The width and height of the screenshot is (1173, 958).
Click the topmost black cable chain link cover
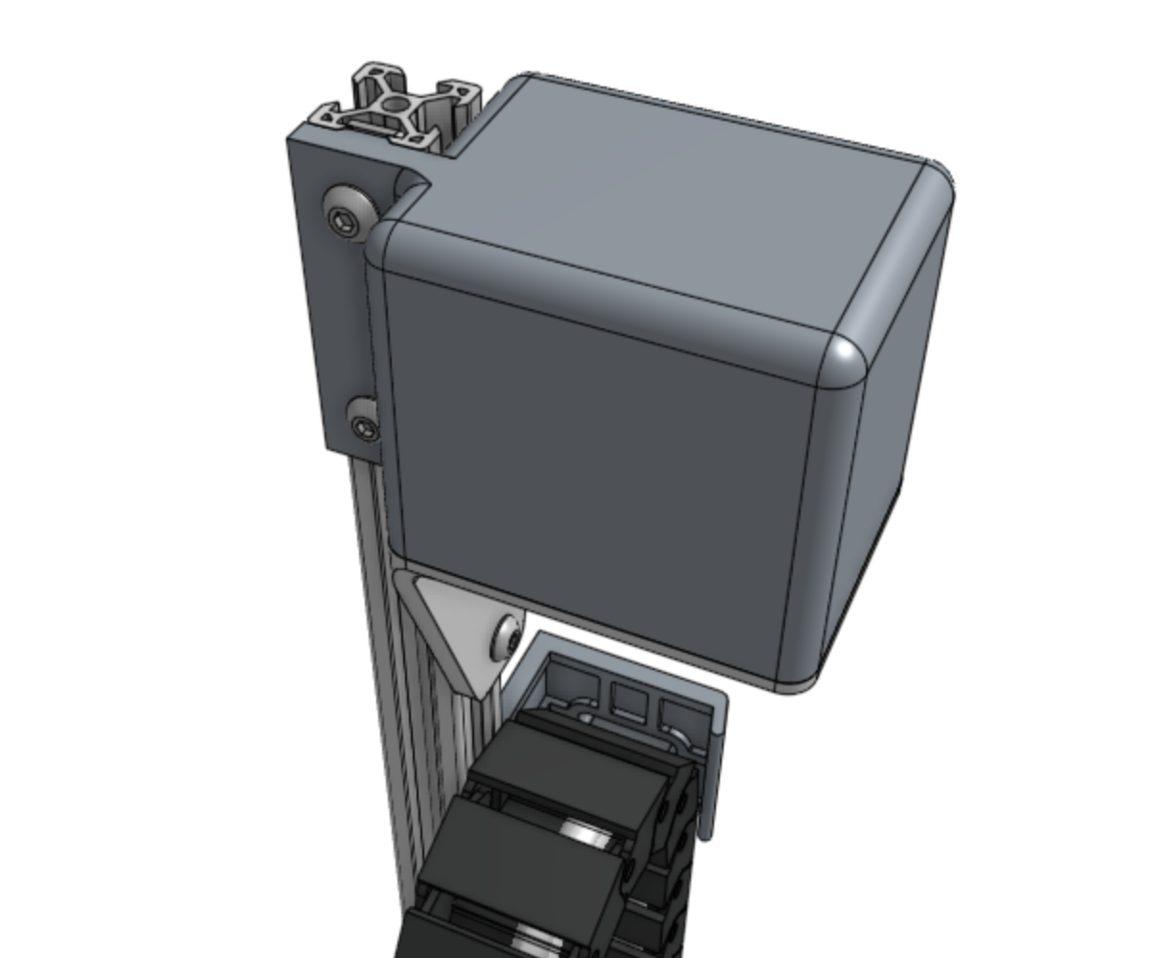point(566,758)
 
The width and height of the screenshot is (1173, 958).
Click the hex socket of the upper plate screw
point(345,221)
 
